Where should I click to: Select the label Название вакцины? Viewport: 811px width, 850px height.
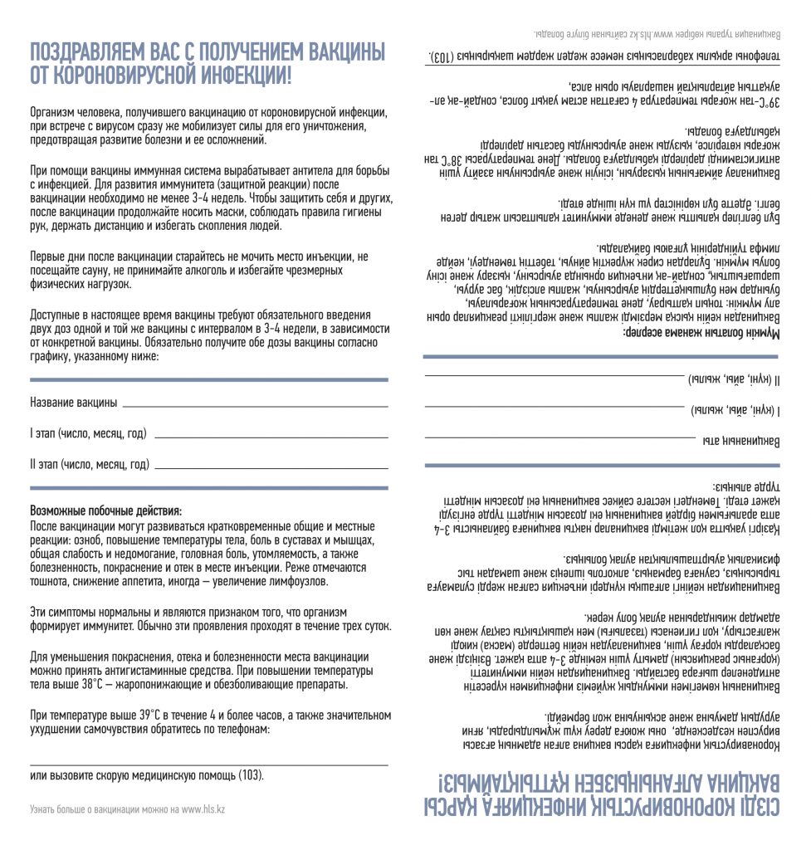[x=74, y=403]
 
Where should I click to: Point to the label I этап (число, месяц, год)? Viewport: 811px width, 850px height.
[x=88, y=433]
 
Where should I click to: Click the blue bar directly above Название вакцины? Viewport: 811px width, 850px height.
[x=208, y=379]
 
